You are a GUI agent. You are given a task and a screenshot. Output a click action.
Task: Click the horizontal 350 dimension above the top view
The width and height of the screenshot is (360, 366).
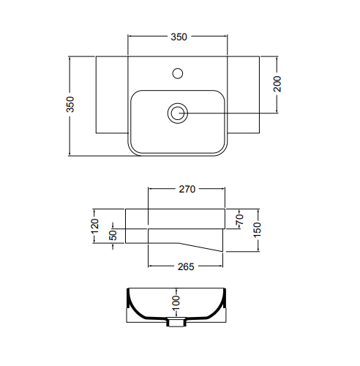coord(180,36)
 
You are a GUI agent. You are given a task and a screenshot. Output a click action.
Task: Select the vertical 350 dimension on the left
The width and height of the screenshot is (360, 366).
coord(70,105)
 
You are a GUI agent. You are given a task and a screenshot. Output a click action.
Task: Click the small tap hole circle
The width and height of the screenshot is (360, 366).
coord(176,73)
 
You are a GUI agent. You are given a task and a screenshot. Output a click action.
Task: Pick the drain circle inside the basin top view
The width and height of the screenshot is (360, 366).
coord(178,113)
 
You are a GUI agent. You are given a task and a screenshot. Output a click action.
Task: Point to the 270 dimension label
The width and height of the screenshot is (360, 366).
coord(187,189)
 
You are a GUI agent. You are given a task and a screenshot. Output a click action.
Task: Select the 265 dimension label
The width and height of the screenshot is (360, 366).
coord(186,266)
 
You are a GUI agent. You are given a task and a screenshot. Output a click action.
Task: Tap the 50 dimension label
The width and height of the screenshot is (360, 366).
coord(113,235)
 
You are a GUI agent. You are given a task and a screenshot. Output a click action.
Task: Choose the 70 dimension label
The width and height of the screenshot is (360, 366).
coord(239,219)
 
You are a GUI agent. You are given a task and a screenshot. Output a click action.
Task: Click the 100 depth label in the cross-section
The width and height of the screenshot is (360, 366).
coord(176,302)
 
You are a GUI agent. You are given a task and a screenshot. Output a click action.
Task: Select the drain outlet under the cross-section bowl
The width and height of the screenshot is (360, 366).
coord(176,322)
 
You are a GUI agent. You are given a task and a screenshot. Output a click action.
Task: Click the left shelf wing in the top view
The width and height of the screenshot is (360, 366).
coord(112,95)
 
